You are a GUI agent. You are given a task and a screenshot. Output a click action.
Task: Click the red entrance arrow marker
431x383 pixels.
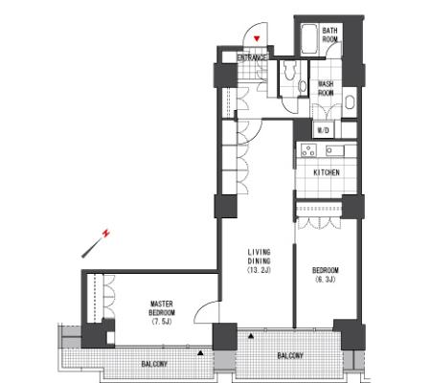[257, 39]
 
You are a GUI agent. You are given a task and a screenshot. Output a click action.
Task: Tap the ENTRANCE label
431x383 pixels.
[252, 57]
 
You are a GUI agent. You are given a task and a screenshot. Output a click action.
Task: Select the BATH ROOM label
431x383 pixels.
[329, 35]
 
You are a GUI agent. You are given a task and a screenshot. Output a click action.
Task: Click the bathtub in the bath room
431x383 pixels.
[309, 39]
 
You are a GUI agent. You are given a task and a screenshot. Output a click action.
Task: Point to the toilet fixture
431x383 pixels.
[290, 70]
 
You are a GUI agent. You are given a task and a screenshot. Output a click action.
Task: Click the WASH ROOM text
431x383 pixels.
[326, 88]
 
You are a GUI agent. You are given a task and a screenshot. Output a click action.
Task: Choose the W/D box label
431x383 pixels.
[323, 130]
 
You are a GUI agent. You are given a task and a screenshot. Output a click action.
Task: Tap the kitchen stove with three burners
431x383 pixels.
[308, 150]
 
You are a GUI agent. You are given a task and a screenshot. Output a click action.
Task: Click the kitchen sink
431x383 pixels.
[335, 150]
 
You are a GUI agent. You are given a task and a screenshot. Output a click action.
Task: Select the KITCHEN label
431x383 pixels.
[327, 172]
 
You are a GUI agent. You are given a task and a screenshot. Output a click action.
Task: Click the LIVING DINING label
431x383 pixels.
[259, 257]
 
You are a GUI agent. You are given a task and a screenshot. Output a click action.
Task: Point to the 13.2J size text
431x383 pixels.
[259, 270]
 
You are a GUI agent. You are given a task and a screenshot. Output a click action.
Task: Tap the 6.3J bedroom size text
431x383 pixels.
[326, 280]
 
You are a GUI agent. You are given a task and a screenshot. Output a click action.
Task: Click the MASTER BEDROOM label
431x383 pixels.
[162, 307]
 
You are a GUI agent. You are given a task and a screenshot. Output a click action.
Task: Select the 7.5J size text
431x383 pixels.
[162, 321]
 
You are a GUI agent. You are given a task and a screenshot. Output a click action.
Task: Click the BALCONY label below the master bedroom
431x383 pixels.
[154, 364]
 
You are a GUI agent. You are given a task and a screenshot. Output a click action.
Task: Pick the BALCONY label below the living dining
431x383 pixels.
[290, 355]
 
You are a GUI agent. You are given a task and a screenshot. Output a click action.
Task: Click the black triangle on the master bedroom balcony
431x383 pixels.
[200, 353]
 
